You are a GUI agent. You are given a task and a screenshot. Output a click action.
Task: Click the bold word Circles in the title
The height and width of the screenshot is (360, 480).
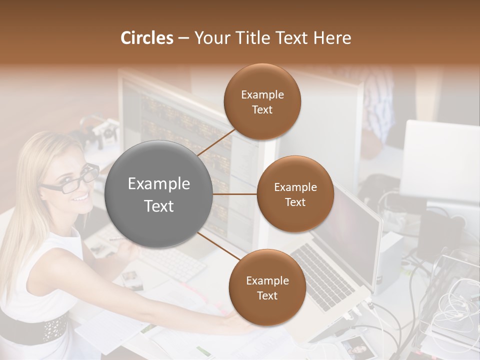click(x=146, y=38)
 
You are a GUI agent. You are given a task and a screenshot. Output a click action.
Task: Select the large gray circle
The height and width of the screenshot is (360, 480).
click(x=159, y=194)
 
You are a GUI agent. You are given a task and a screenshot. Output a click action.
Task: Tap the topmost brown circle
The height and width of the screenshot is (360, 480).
click(x=262, y=102)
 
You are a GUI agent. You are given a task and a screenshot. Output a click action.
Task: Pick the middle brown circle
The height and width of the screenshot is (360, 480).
click(x=295, y=194)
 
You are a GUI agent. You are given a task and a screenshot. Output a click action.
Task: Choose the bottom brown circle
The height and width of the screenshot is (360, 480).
click(x=267, y=287)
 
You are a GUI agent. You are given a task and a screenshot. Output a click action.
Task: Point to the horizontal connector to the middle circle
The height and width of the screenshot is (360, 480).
click(x=235, y=194)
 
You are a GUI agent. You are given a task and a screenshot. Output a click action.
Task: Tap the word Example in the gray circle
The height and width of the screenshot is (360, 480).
click(x=159, y=184)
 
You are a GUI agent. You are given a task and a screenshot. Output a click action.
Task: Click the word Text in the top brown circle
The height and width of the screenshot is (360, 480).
click(x=262, y=110)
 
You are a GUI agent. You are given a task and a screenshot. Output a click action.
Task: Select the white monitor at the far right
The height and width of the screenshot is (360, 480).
click(x=440, y=160)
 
